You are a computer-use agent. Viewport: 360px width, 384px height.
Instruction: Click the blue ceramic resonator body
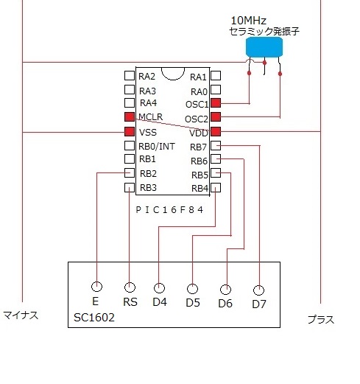(264, 47)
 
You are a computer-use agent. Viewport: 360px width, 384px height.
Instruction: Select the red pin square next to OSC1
(216, 102)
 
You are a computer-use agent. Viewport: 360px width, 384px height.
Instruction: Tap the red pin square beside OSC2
(216, 116)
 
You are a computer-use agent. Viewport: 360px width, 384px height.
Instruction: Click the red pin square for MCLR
(130, 116)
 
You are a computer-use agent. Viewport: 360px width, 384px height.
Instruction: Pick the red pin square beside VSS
(130, 132)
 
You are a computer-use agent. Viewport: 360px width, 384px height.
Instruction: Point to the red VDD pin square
(216, 131)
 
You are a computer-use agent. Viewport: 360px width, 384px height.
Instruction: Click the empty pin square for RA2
(130, 76)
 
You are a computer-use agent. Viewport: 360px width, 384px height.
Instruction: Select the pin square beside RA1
(216, 76)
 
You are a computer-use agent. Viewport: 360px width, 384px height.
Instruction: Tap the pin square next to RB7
(216, 145)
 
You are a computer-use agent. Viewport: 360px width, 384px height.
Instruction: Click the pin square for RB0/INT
(130, 146)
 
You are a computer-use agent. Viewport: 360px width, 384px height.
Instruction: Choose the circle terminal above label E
(96, 286)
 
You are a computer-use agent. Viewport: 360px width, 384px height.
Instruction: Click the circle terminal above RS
(130, 287)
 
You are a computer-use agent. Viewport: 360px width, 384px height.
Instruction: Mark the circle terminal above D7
(258, 290)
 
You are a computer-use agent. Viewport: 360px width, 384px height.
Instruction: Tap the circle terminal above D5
(192, 289)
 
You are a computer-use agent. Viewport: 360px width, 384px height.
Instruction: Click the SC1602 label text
(94, 318)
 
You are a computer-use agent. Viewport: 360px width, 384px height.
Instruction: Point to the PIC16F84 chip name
(169, 210)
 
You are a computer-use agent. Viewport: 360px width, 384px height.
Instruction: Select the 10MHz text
(249, 21)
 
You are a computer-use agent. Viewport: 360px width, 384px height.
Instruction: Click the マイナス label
(21, 315)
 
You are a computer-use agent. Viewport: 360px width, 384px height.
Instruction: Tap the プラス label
(321, 320)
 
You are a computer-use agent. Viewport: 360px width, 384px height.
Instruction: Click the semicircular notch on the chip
(173, 79)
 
